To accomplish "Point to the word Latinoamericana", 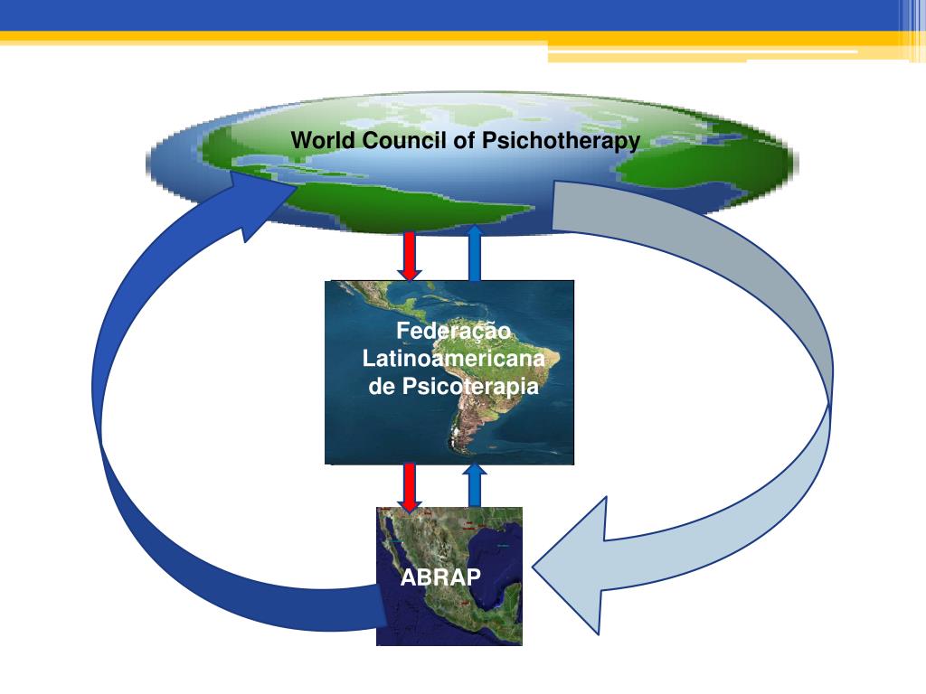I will [x=454, y=360].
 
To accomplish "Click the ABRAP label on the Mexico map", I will [x=441, y=577].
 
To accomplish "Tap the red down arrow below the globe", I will [x=409, y=255].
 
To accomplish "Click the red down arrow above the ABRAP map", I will [x=409, y=486].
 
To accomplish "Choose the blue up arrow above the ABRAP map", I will [x=475, y=486].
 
